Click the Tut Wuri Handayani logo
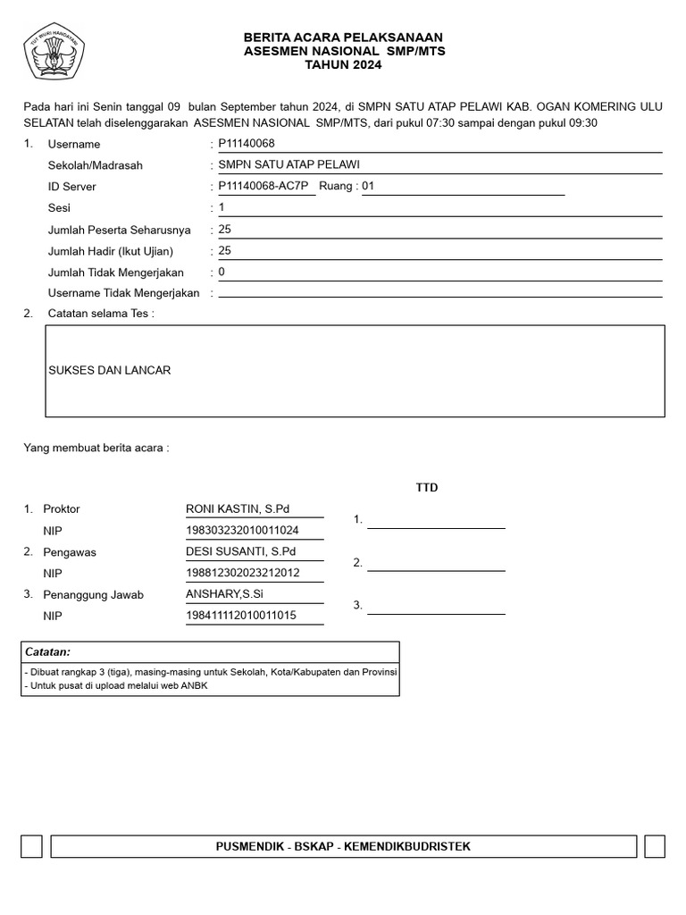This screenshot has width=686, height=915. tap(54, 53)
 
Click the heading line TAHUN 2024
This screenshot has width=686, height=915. tap(343, 65)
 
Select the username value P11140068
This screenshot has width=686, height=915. tap(247, 144)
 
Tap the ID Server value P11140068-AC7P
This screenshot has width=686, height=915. tap(263, 186)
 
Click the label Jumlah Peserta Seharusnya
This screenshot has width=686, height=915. tap(119, 230)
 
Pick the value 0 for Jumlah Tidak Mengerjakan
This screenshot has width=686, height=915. tap(222, 272)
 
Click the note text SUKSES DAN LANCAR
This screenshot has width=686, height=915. tap(109, 370)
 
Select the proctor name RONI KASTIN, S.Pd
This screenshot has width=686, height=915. tap(238, 508)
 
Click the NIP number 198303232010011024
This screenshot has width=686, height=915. tap(242, 530)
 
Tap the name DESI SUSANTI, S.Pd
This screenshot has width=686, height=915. tap(240, 551)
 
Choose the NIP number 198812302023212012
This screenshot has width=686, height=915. tap(242, 573)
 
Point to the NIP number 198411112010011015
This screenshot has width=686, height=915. tap(241, 616)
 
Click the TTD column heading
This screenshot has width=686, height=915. tap(427, 488)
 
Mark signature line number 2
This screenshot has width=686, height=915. tap(436, 564)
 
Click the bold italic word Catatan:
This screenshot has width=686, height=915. tap(47, 652)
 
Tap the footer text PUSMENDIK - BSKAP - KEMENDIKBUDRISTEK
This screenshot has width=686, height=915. tap(343, 846)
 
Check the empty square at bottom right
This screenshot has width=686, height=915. tap(654, 846)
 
